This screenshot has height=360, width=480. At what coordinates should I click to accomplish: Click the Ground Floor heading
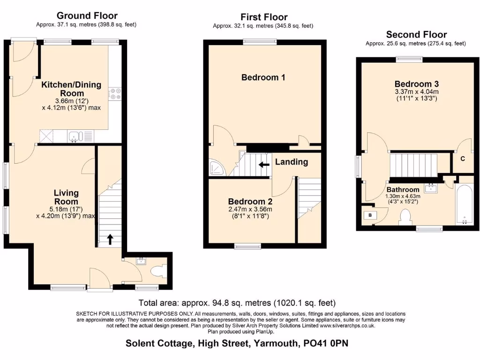click(87, 16)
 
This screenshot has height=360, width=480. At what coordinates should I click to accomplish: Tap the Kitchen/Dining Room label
click(71, 89)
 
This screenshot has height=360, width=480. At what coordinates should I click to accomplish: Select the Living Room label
click(66, 197)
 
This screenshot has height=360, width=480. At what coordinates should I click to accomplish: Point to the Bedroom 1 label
click(263, 77)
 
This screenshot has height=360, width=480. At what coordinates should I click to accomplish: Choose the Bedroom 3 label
click(417, 84)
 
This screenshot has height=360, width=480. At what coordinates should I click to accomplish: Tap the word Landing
click(291, 162)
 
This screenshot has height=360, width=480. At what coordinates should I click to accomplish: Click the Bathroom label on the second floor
click(403, 190)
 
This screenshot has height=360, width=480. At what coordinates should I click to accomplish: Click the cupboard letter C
click(462, 159)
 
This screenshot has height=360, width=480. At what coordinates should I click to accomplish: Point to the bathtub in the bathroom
click(465, 204)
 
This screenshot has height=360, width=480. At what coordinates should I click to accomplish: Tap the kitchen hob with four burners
click(115, 94)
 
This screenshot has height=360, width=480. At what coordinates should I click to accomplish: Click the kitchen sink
click(75, 136)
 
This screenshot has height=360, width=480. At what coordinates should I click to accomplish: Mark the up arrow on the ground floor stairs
click(111, 240)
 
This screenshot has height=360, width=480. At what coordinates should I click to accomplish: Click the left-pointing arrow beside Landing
click(264, 164)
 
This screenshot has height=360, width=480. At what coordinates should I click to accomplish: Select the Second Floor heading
click(416, 35)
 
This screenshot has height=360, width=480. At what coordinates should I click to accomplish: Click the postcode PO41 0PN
click(326, 343)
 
